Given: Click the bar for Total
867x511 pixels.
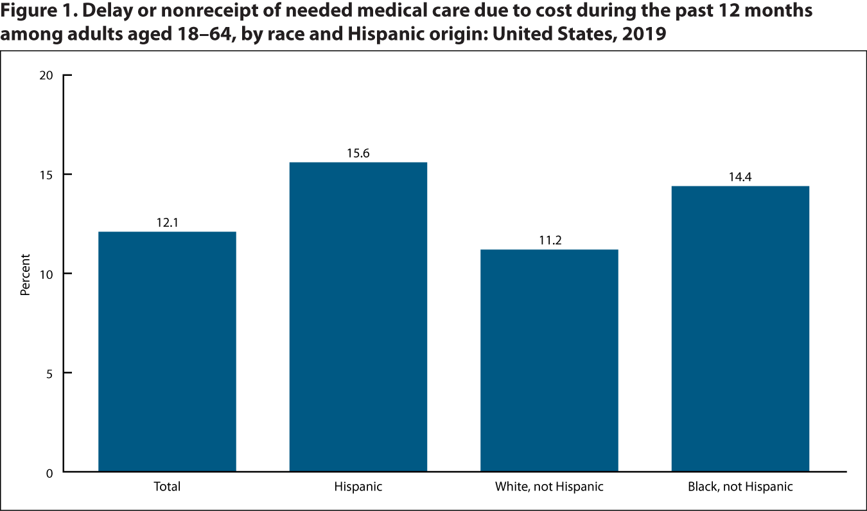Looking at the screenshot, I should click(167, 352).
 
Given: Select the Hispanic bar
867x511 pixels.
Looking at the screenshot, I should click(358, 317).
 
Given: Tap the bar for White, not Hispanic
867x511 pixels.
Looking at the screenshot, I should click(549, 361).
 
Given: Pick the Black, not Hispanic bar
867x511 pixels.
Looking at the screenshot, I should click(740, 328).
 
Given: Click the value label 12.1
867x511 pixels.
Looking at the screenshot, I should click(167, 223).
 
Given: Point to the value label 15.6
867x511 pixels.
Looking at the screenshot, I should click(358, 154).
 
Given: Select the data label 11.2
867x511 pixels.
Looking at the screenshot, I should click(549, 241).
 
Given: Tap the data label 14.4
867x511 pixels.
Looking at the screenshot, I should click(740, 177).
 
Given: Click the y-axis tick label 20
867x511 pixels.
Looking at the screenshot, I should click(46, 76).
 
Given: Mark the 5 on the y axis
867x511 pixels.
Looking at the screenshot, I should click(49, 373).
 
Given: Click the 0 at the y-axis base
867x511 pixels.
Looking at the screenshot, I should click(49, 473).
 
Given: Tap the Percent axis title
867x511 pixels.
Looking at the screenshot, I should click(25, 274).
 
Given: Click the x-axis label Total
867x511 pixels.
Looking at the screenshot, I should click(167, 487).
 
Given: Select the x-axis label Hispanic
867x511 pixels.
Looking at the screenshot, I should click(358, 487).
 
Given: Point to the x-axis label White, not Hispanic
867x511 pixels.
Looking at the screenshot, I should click(549, 487).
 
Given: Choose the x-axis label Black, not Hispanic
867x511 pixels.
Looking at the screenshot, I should click(740, 487).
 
